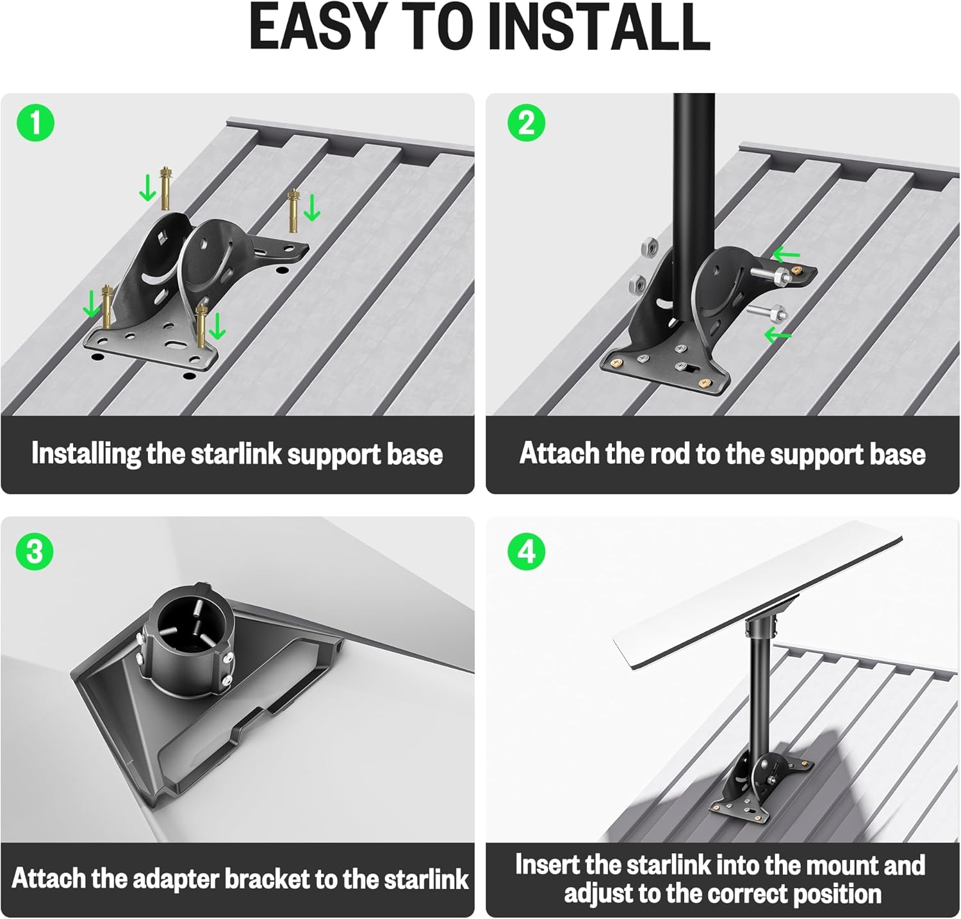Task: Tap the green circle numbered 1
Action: [36, 122]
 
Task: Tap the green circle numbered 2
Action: [527, 122]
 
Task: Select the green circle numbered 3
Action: [35, 552]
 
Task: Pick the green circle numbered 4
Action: [527, 552]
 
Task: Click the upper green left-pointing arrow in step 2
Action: [786, 255]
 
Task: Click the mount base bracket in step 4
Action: [759, 785]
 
